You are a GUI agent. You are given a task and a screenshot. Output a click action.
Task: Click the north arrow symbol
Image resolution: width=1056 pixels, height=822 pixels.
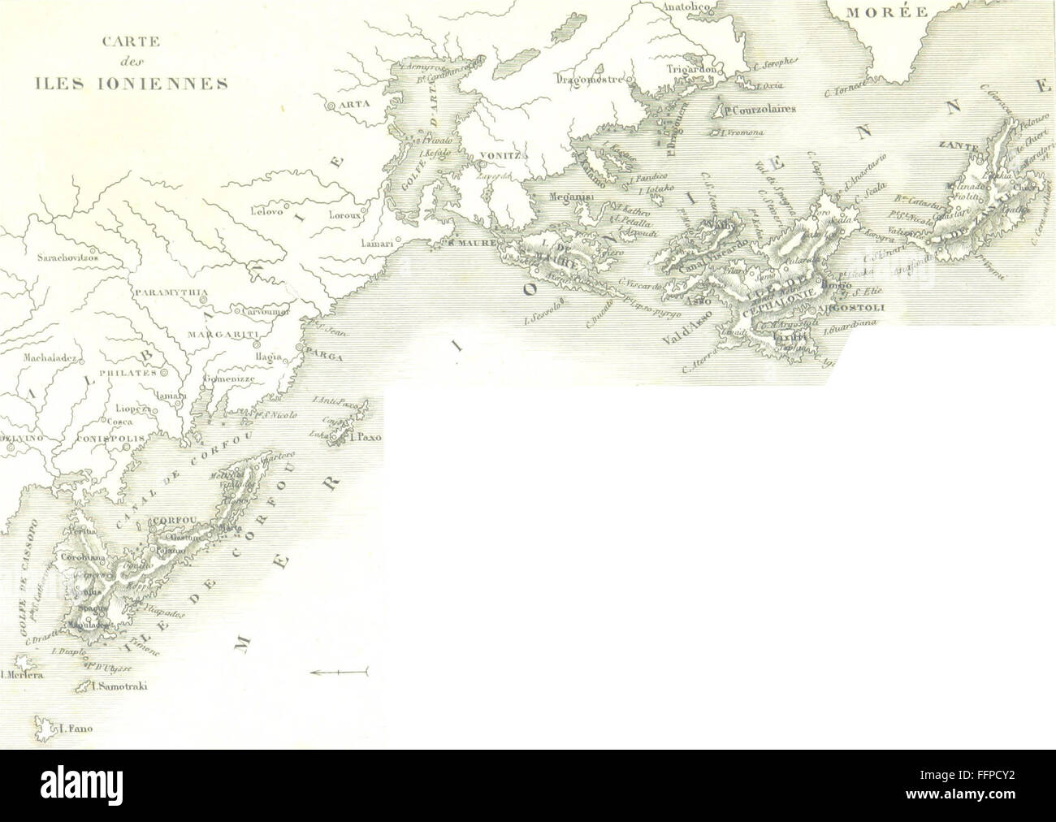[340, 671]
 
